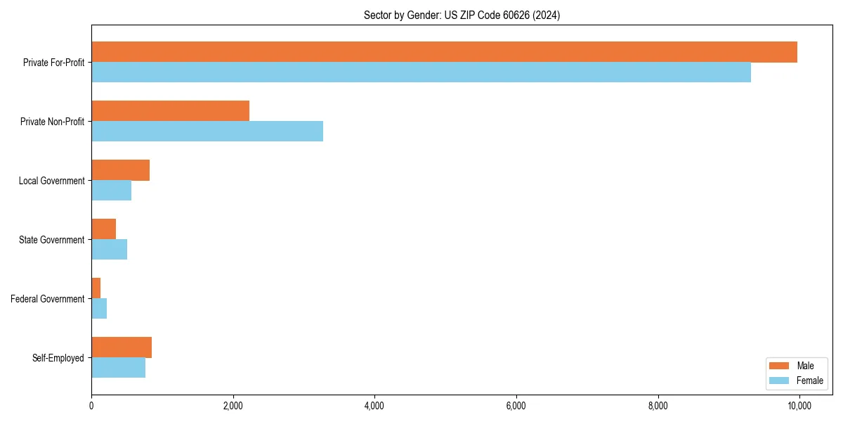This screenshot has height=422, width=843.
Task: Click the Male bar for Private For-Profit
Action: pos(444,52)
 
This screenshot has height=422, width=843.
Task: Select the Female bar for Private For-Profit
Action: pos(421,72)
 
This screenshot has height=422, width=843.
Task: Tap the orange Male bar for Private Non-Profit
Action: pos(170,111)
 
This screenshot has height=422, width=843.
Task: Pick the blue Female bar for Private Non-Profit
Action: pos(207,132)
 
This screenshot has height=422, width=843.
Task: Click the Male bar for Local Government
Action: pos(120,170)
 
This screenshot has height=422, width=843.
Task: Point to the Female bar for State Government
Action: pos(109,250)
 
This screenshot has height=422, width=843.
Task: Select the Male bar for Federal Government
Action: pos(96,288)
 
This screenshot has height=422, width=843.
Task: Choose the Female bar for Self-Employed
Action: pos(118,368)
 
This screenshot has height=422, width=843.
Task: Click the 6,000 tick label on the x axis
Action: pos(516,406)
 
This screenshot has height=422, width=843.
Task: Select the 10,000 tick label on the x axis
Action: pos(799,406)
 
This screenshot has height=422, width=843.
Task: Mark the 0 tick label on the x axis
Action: pos(91,406)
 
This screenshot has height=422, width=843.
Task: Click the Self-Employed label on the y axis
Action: pos(58,358)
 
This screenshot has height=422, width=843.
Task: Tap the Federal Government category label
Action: pos(48,299)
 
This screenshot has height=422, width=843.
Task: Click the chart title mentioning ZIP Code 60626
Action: pos(462,15)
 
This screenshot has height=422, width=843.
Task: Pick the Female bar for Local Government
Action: pos(111,191)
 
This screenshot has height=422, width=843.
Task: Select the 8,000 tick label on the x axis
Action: pos(658,406)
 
